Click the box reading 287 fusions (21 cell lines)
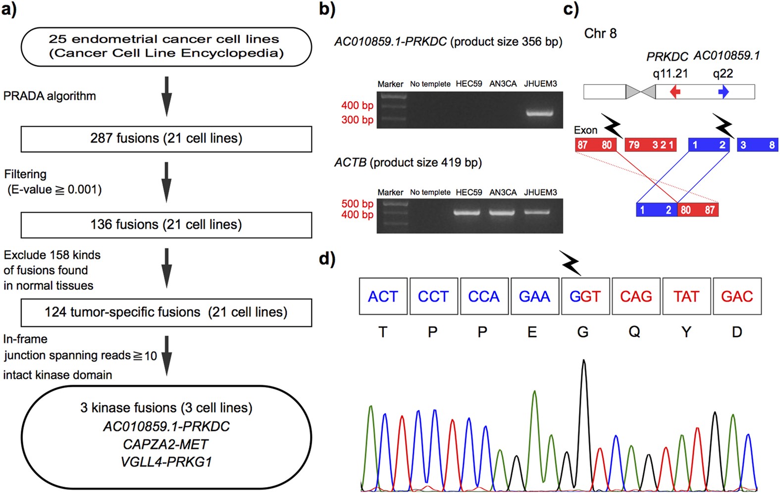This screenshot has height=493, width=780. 166,138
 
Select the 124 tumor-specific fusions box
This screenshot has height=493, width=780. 166,312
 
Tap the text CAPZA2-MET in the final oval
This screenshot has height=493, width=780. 165,444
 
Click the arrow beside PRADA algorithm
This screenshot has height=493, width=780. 167,96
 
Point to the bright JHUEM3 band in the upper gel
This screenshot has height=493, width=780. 539,113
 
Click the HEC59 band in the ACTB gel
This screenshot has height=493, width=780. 468,212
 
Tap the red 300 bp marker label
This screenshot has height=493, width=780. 357,120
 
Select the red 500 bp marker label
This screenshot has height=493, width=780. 357,203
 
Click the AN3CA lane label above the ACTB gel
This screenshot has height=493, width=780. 503,192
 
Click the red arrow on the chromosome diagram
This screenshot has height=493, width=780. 675,92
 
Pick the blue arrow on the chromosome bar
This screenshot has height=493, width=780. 724,92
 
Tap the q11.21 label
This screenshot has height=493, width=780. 670,73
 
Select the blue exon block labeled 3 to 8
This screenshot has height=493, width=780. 757,145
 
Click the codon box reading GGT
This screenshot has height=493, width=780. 585,297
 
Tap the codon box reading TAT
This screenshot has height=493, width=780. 686,297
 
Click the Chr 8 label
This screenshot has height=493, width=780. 600,33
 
